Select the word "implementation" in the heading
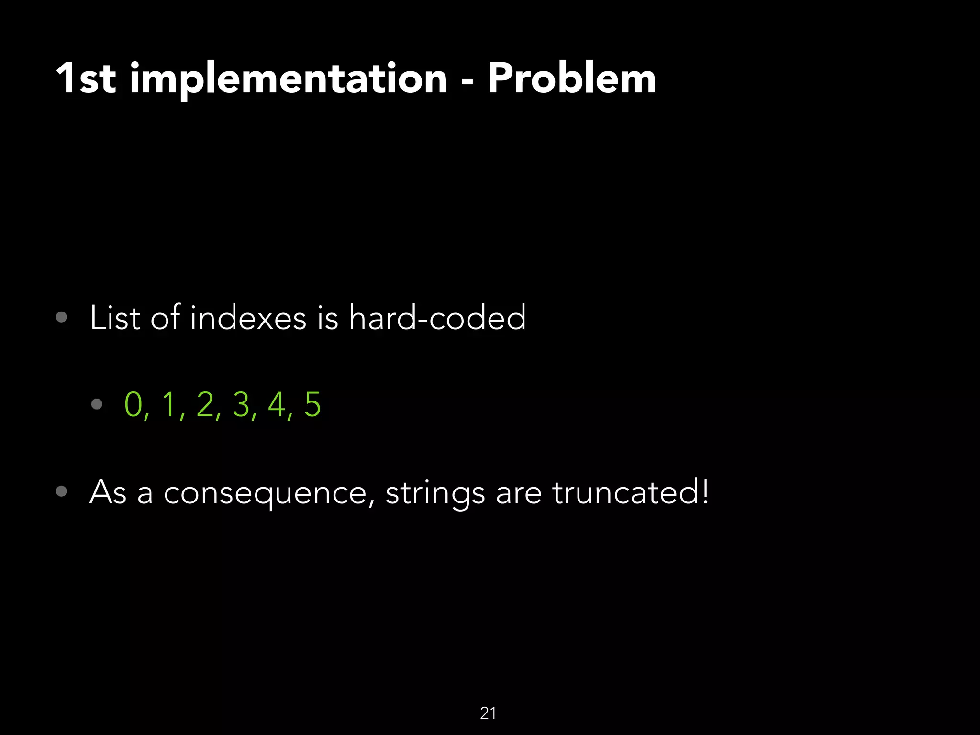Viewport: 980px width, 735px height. point(289,79)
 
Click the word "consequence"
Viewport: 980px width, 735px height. point(265,493)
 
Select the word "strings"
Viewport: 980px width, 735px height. point(434,493)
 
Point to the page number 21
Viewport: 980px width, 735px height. point(488,713)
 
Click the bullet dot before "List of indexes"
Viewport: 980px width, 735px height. point(61,317)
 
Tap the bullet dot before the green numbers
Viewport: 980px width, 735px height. point(97,404)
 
